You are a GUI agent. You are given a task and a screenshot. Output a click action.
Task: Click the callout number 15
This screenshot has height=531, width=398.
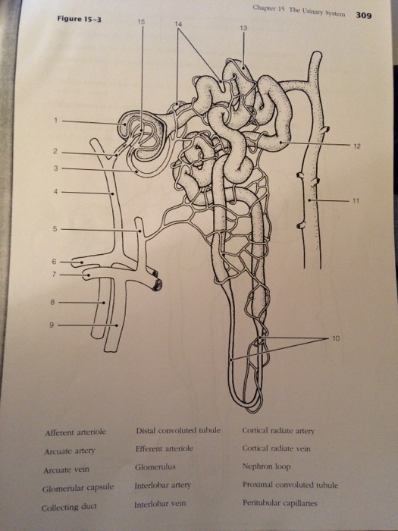point(141,22)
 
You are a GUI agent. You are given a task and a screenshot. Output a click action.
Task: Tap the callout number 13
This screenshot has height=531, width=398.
point(243,28)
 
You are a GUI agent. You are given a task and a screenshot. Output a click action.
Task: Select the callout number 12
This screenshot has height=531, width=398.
point(357,146)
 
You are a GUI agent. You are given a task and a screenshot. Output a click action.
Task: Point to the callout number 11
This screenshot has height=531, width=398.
point(356,201)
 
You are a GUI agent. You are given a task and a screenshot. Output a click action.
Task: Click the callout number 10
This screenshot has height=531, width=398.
point(336,338)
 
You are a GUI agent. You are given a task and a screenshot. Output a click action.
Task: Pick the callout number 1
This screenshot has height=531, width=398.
point(55,120)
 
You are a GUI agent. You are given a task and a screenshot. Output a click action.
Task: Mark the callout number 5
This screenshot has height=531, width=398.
point(55,229)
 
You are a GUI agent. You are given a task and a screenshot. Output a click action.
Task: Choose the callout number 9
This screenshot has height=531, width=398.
point(52,325)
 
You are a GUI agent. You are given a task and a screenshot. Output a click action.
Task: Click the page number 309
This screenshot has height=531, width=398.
point(363,15)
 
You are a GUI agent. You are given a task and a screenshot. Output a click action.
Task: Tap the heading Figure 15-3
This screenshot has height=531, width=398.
point(79,19)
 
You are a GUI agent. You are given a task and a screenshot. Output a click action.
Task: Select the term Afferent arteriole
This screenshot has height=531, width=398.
point(76,432)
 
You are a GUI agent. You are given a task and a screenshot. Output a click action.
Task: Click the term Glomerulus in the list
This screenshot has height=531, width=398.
point(155,467)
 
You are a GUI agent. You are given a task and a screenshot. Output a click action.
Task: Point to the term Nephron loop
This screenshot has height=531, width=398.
point(266,467)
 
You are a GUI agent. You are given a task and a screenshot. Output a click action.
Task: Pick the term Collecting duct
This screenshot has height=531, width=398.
point(69,507)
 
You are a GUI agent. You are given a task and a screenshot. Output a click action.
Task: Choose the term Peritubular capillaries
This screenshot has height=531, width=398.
point(280,503)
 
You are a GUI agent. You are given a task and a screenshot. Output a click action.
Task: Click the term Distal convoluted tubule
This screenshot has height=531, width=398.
point(178,430)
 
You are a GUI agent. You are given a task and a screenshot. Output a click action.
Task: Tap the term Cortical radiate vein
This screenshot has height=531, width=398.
point(276,448)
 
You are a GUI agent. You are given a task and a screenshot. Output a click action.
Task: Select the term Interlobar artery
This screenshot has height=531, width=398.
point(163,485)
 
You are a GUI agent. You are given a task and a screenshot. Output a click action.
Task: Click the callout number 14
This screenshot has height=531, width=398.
point(178,24)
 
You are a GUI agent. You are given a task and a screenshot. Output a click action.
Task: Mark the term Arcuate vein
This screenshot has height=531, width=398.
point(67,470)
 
